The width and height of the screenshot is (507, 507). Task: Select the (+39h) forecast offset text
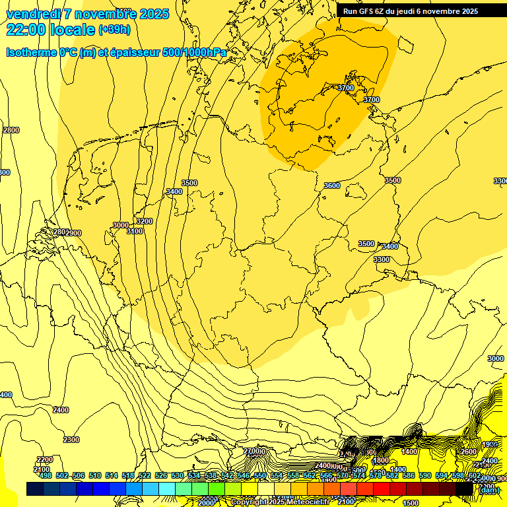coord(114,30)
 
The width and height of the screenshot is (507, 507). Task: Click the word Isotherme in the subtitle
coord(31,52)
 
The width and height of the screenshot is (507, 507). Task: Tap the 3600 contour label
coord(332,186)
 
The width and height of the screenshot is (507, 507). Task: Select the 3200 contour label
coord(144,221)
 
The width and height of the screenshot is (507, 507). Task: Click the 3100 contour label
coord(135,231)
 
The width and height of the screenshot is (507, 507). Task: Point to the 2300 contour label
coord(71,440)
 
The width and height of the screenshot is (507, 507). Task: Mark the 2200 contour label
coord(45,459)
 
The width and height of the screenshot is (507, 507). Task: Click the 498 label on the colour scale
coord(45,475)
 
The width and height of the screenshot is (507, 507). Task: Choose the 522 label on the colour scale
coord(145,475)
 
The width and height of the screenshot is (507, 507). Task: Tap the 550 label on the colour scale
coord(260,475)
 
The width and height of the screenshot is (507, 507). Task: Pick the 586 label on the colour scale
coord(409,475)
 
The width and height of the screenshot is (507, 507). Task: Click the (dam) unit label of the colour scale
coord(489,490)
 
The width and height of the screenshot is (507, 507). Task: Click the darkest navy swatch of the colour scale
coord(35,489)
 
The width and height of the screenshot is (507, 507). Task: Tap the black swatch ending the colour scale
coord(464,489)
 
